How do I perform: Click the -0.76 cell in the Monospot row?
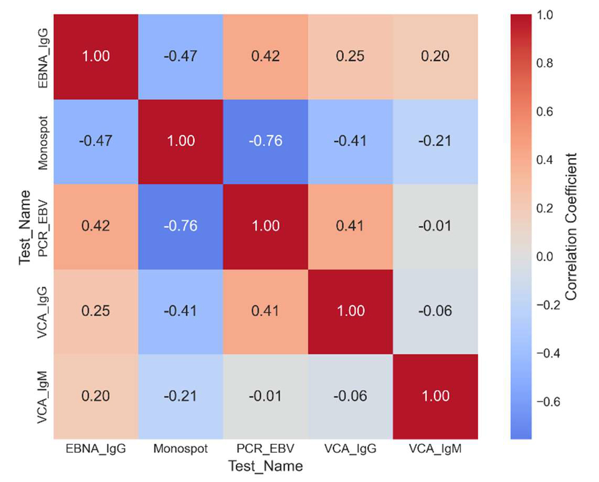265,141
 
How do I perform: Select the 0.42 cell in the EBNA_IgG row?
265,56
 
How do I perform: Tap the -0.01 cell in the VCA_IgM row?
265,396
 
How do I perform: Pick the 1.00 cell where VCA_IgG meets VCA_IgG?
350,311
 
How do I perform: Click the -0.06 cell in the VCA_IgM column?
435,311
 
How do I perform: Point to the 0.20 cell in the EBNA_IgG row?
435,56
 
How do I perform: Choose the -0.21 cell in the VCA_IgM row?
181,396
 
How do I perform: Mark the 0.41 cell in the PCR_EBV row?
350,226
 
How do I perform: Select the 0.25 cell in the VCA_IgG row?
96,311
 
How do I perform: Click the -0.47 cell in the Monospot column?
181,56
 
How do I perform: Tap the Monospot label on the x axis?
181,449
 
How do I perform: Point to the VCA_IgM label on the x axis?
435,449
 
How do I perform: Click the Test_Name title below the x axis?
265,466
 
